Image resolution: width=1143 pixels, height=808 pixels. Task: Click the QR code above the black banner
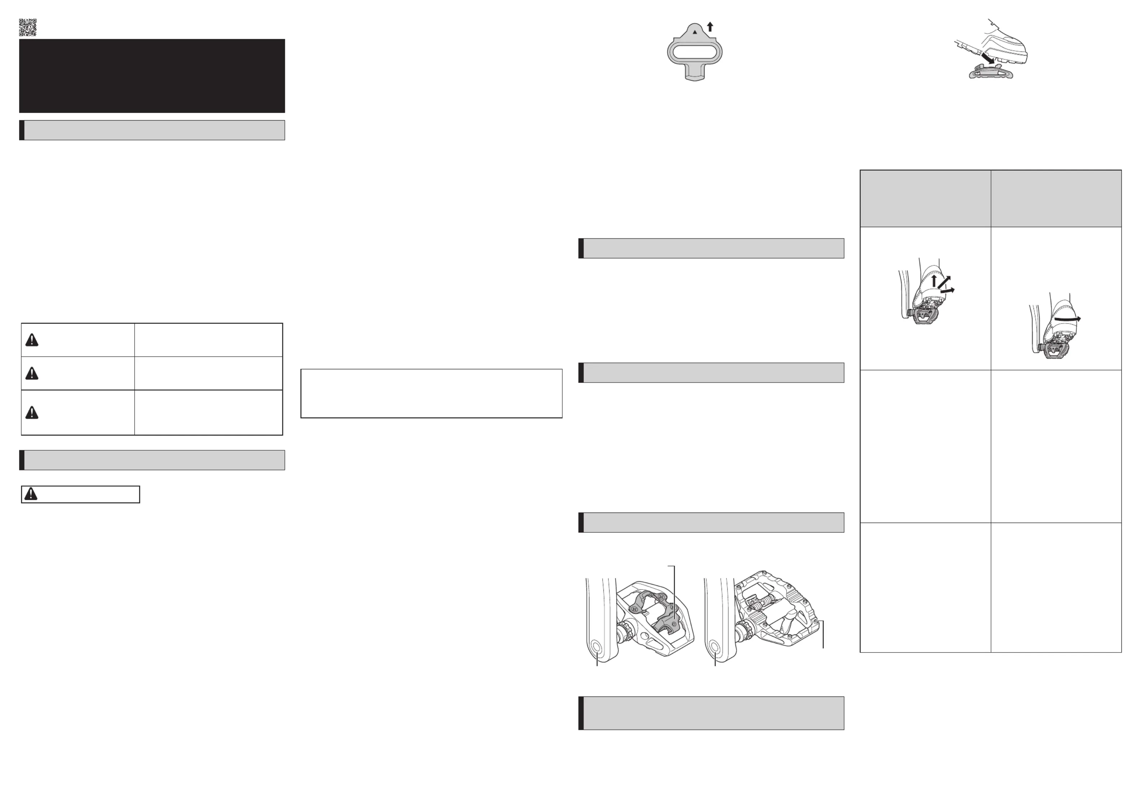[27, 27]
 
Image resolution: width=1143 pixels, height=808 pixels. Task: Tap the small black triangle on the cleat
[695, 32]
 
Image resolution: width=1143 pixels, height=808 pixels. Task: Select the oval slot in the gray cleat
[694, 51]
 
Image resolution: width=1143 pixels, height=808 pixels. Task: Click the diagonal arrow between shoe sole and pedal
[987, 59]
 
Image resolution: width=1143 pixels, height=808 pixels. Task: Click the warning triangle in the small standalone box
[31, 494]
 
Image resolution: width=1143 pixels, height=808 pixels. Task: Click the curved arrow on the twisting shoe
[1067, 319]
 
